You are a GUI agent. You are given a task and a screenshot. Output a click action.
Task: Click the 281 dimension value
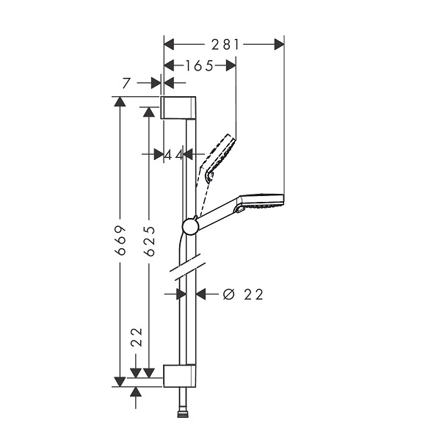click(225, 45)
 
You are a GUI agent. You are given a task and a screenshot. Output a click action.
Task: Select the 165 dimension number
click(199, 65)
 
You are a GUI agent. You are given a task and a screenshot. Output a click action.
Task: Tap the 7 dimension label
click(126, 83)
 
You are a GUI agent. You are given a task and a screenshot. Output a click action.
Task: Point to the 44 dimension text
click(173, 156)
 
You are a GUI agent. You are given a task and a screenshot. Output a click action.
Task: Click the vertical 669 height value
click(120, 241)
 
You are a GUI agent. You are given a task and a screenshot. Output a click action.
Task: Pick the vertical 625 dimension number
click(150, 241)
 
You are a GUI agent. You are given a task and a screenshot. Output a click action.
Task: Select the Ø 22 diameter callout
click(243, 294)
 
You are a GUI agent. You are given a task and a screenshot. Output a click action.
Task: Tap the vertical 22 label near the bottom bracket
click(137, 337)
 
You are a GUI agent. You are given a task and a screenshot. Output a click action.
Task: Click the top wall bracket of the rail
click(178, 108)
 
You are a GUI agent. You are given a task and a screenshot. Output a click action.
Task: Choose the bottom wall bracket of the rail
click(180, 376)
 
